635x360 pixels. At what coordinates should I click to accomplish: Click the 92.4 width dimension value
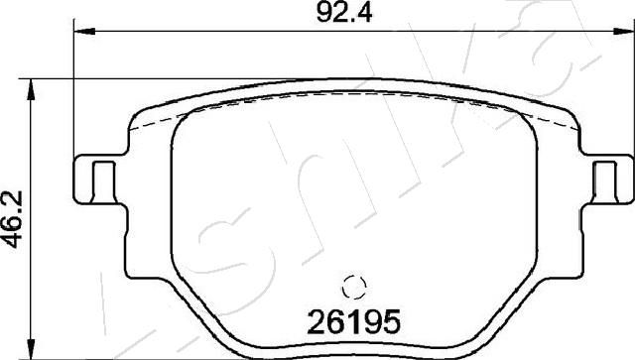[344, 13]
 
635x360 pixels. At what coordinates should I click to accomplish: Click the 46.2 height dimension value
[13, 219]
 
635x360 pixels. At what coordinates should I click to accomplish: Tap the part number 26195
[354, 322]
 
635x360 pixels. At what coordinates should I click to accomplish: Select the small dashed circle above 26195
[354, 288]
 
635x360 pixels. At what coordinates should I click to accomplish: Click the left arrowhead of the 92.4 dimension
[84, 31]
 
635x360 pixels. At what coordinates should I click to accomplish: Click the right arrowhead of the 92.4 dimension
[624, 31]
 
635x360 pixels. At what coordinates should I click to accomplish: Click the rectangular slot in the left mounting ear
[104, 181]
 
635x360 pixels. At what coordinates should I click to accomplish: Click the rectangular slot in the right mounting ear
[605, 181]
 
